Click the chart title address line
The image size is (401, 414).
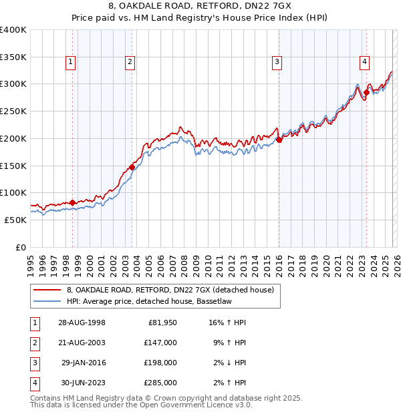coord(200,7)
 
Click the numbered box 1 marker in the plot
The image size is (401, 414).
coord(71,62)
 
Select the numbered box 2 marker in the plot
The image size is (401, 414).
coord(130,62)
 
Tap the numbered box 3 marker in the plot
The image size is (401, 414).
coord(276,62)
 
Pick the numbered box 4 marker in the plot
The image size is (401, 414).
coord(364,62)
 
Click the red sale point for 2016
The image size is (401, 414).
coord(279,140)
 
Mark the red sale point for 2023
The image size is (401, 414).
coord(366,92)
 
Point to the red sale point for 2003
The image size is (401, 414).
coord(132,168)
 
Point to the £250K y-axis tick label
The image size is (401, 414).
coord(13,111)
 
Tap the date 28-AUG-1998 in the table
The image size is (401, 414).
coord(81,323)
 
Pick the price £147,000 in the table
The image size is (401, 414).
coord(160,341)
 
